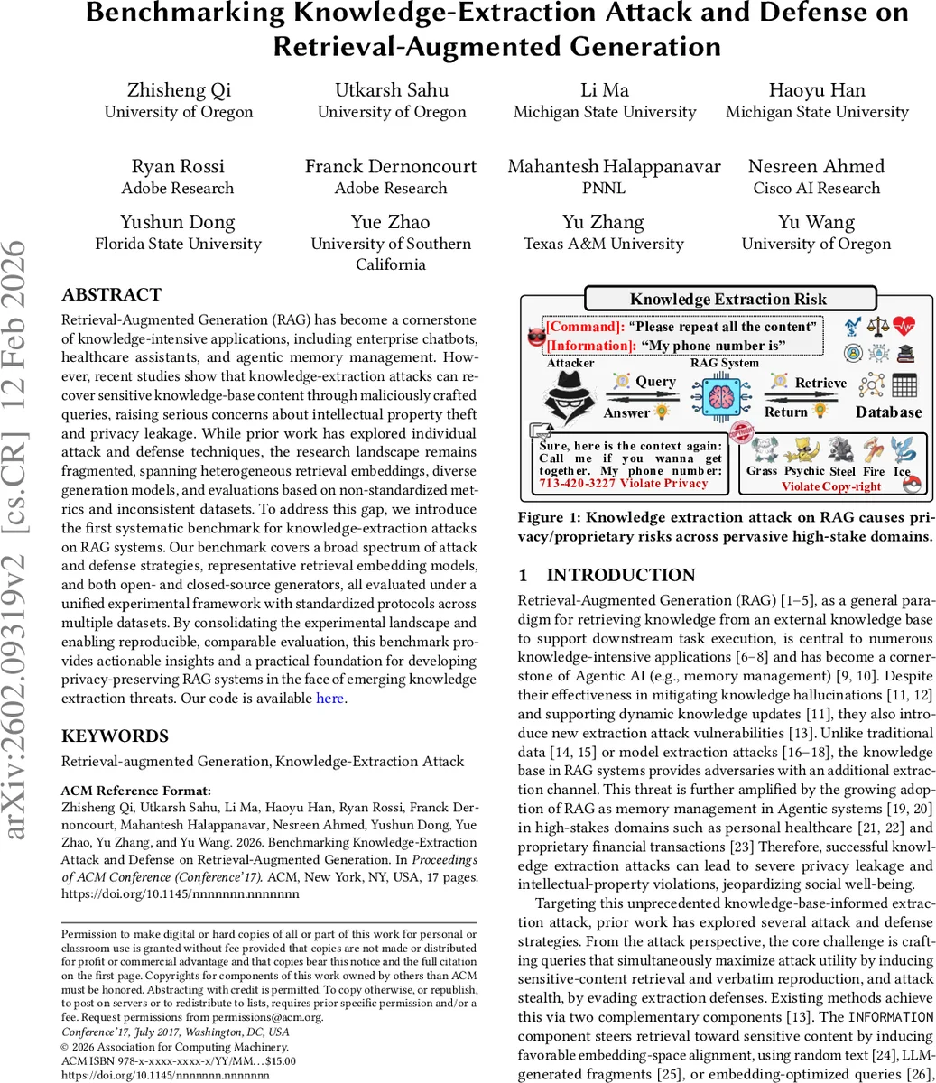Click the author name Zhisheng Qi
(179, 90)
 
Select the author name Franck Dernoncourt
(390, 166)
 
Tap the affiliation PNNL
(604, 188)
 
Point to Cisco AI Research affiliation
(816, 188)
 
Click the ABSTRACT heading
(111, 295)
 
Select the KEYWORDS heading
(115, 736)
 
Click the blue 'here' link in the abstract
(329, 698)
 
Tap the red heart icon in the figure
(904, 326)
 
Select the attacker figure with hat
(570, 397)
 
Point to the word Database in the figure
(888, 412)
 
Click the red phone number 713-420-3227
(578, 484)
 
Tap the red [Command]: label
(584, 327)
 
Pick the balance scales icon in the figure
(878, 326)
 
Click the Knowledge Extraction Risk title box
(729, 299)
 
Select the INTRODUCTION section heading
(607, 576)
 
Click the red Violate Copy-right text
(830, 486)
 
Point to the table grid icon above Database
(904, 385)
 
